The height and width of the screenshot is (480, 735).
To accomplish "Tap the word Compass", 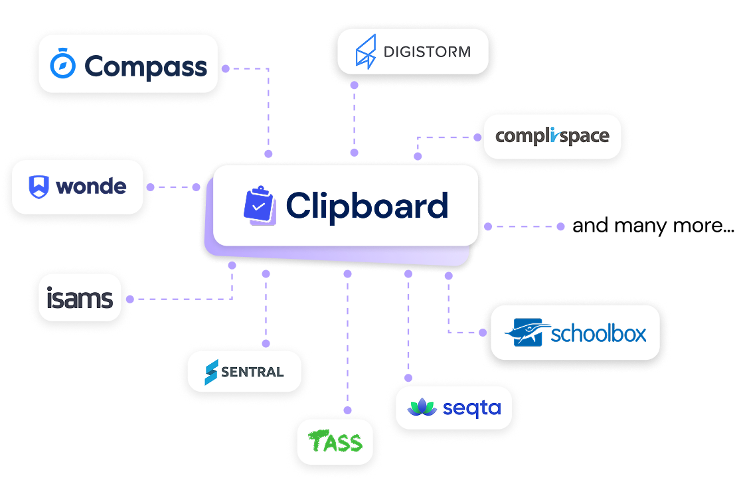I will pos(146,66).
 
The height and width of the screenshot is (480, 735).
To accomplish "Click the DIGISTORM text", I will pos(427,51).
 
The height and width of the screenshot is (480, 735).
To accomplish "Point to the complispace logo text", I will pos(552,137).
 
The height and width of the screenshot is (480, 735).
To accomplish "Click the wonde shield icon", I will pos(39,187).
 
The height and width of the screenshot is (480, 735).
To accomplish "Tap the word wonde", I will pos(91,187).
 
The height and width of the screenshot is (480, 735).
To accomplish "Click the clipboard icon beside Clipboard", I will pos(260,205).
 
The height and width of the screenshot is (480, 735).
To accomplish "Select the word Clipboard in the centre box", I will pos(367,205).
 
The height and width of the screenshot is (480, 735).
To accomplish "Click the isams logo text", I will pos(80,299).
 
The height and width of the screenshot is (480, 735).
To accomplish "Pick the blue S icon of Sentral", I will pos(210,372).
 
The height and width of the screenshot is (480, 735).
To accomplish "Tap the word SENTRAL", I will pos(252,372).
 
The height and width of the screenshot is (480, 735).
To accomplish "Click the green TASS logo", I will pos(335,441).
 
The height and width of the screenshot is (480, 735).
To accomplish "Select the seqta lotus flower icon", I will pos(421,408).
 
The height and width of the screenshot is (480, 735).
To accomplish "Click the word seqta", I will pos(471,408).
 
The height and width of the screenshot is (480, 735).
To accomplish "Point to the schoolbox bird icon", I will pos(526,333).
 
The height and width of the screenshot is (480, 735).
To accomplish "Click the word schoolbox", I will pos(598,333).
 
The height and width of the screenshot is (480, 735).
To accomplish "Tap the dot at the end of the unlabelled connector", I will pos(560,226).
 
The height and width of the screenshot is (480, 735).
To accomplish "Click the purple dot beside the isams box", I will pos(129,299).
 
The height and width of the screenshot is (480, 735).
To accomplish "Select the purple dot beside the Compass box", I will pos(225,68).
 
